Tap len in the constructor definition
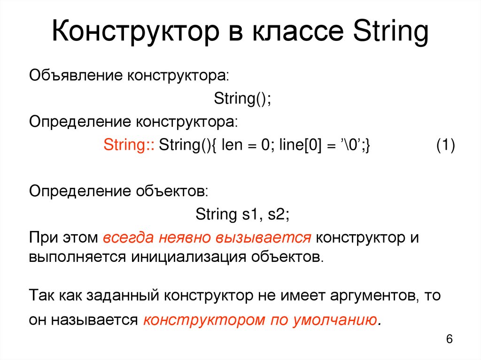(x=230, y=145)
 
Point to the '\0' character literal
(x=347, y=145)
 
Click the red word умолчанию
(x=334, y=321)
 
